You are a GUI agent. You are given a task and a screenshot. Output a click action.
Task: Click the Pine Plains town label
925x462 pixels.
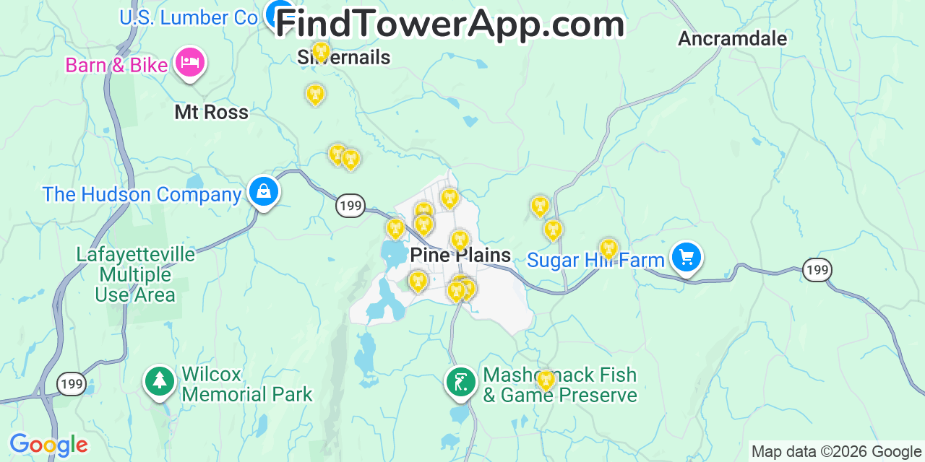pyautogui.click(x=460, y=255)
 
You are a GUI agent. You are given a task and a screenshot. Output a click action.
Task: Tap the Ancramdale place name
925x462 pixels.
pyautogui.click(x=732, y=38)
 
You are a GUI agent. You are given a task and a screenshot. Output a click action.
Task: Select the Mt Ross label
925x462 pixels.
pyautogui.click(x=211, y=112)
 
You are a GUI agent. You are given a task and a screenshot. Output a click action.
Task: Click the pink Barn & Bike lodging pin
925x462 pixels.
pyautogui.click(x=190, y=62)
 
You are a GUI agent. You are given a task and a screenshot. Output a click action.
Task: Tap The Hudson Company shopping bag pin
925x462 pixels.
pyautogui.click(x=264, y=192)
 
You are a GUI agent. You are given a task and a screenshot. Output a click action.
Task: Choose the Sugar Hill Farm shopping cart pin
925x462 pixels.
pyautogui.click(x=686, y=257)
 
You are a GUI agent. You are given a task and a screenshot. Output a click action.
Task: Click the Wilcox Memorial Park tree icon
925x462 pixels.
pyautogui.click(x=160, y=381)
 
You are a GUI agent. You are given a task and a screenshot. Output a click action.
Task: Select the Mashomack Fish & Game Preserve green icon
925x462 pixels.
pyautogui.click(x=460, y=381)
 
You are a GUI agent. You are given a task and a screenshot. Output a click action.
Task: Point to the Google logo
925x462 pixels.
pyautogui.click(x=48, y=445)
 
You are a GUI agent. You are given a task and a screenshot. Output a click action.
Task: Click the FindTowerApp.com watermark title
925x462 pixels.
pyautogui.click(x=449, y=25)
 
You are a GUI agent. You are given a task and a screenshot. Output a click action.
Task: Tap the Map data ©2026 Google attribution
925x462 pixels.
pyautogui.click(x=837, y=452)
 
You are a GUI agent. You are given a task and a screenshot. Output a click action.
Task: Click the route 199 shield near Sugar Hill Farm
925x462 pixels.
pyautogui.click(x=817, y=270)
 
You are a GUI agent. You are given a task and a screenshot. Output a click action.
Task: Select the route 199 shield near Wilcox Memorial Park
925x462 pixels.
pyautogui.click(x=72, y=383)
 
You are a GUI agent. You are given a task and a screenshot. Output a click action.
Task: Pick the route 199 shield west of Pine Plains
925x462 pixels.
pyautogui.click(x=350, y=206)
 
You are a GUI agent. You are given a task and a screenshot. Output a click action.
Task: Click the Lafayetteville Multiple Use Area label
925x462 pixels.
pyautogui.click(x=136, y=275)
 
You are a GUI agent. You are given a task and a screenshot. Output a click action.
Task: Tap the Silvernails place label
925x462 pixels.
pyautogui.click(x=344, y=58)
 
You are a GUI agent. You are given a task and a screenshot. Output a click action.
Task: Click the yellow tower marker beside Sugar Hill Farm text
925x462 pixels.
pyautogui.click(x=608, y=249)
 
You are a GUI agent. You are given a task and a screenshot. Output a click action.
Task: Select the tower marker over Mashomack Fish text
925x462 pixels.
pyautogui.click(x=545, y=380)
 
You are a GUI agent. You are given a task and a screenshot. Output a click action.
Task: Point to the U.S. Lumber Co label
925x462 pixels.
pyautogui.click(x=189, y=17)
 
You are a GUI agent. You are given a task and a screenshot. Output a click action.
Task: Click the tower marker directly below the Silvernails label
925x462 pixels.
pyautogui.click(x=315, y=95)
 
